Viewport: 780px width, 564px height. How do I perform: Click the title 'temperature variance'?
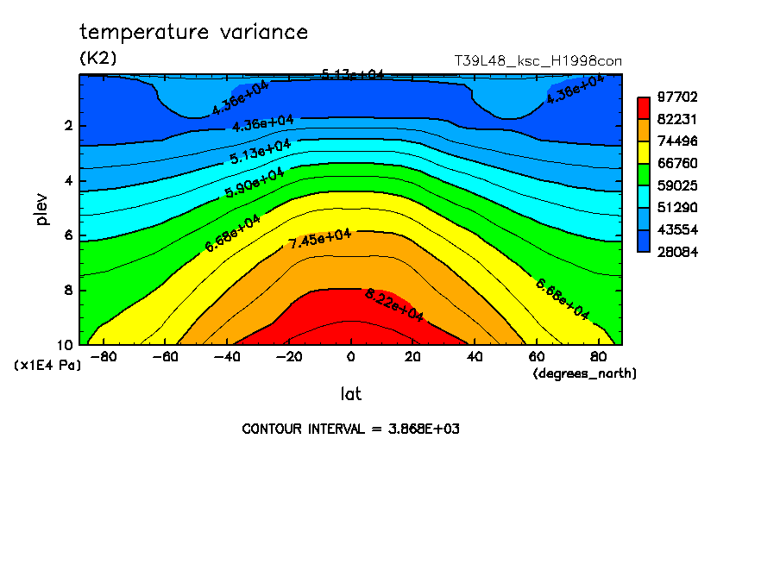pyautogui.click(x=193, y=33)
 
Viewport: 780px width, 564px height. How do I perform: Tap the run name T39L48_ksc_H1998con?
pyautogui.click(x=538, y=60)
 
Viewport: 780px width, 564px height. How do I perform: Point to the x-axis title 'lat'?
pyautogui.click(x=350, y=394)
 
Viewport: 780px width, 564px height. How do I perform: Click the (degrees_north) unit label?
pyautogui.click(x=585, y=373)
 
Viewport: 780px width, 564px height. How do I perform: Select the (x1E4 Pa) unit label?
pyautogui.click(x=47, y=366)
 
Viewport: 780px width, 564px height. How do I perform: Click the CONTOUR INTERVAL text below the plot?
pyautogui.click(x=350, y=429)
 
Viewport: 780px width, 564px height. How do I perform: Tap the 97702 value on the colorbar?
pyautogui.click(x=679, y=97)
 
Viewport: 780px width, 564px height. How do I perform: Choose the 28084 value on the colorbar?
pyautogui.click(x=679, y=252)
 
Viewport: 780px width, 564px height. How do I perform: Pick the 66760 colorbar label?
pyautogui.click(x=679, y=163)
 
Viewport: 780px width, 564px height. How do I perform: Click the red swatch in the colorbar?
pyautogui.click(x=644, y=108)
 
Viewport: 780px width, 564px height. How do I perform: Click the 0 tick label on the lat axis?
pyautogui.click(x=350, y=356)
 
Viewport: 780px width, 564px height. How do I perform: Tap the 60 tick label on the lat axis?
pyautogui.click(x=537, y=356)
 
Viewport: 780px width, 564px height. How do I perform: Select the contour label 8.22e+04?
pyautogui.click(x=394, y=306)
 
